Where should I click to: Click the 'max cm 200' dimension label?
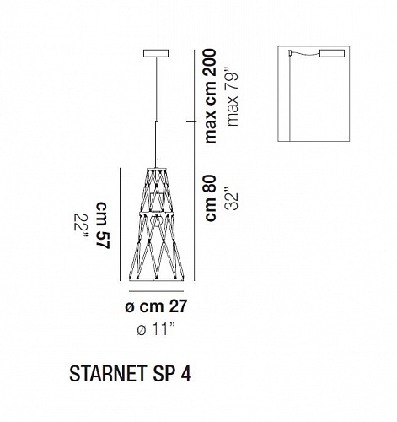[x=211, y=96]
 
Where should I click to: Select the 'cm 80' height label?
[x=211, y=198]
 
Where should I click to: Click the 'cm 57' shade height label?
[x=103, y=225]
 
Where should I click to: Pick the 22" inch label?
[x=81, y=226]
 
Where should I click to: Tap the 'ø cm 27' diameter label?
[x=156, y=306]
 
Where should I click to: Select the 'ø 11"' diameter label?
[x=156, y=328]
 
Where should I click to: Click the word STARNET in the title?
[x=108, y=374]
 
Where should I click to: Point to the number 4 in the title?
[x=186, y=374]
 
